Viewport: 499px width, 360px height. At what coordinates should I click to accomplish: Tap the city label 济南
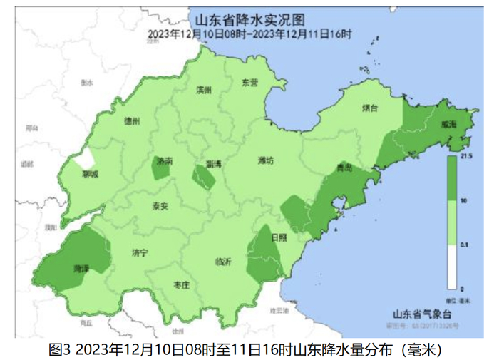click(x=165, y=162)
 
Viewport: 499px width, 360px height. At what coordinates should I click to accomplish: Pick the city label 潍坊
click(x=265, y=160)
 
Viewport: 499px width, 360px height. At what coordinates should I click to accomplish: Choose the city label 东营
click(x=249, y=83)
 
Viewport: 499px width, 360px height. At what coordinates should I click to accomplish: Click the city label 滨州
click(x=204, y=90)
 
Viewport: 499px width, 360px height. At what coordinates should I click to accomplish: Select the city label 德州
click(x=132, y=120)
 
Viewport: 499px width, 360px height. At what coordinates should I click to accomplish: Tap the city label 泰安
click(x=160, y=206)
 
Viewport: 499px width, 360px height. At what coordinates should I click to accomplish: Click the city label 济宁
click(x=140, y=252)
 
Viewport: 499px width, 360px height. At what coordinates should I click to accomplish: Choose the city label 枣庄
click(x=182, y=284)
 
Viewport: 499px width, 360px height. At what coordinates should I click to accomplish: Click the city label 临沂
click(x=223, y=262)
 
